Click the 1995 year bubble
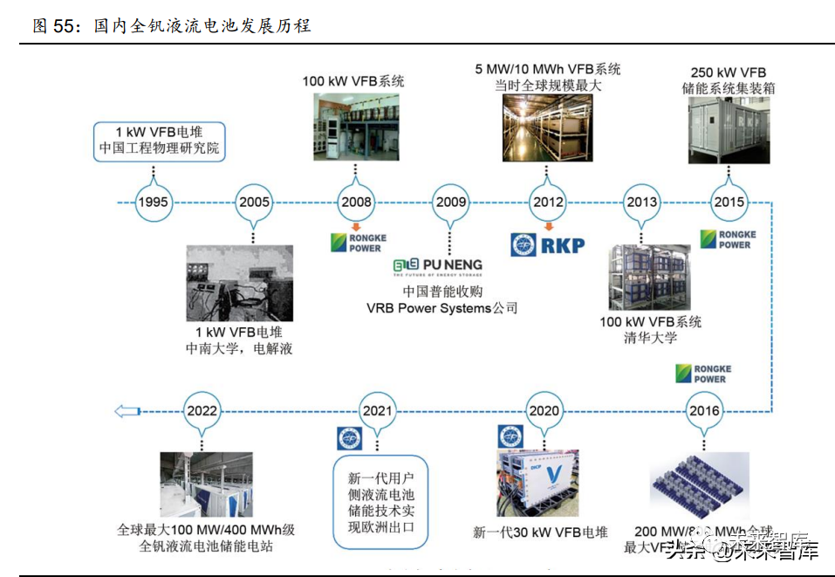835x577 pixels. click(153, 203)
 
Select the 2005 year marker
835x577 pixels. click(254, 203)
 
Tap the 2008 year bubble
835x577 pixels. click(356, 203)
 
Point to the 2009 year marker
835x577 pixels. click(451, 203)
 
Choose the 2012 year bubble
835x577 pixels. click(549, 203)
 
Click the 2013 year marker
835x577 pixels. click(641, 203)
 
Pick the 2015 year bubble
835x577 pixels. click(729, 203)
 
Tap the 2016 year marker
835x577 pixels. click(703, 411)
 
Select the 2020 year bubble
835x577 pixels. click(544, 411)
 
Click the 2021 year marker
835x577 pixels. click(377, 411)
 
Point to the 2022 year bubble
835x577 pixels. click(202, 411)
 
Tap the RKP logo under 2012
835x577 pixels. click(547, 244)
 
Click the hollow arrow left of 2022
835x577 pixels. click(127, 411)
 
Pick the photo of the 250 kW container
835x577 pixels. click(729, 130)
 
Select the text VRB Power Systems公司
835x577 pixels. click(441, 308)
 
